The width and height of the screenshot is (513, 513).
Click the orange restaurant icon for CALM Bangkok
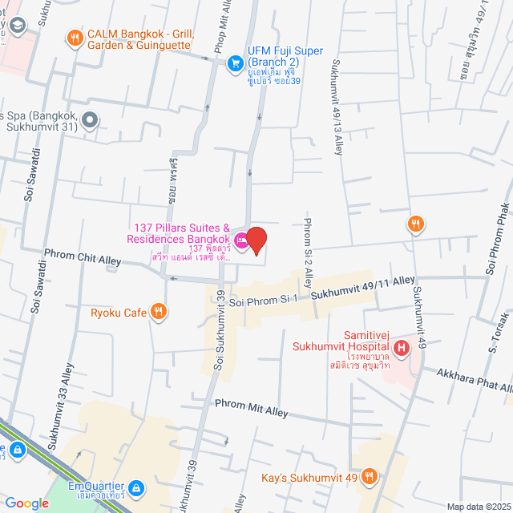[x=75, y=37]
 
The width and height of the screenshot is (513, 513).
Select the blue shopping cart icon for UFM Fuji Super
[x=235, y=63]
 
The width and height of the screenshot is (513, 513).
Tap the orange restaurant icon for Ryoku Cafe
[x=160, y=312]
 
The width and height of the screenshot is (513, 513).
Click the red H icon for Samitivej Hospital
[x=402, y=348]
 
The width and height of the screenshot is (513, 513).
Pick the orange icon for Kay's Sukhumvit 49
[x=369, y=479]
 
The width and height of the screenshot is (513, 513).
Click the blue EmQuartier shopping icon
[x=136, y=487]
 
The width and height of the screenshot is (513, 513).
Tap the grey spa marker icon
[x=90, y=121]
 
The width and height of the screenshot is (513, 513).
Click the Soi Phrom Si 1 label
[x=263, y=299]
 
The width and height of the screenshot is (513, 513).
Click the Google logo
[x=27, y=503]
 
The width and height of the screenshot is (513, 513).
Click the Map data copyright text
[x=478, y=507]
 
